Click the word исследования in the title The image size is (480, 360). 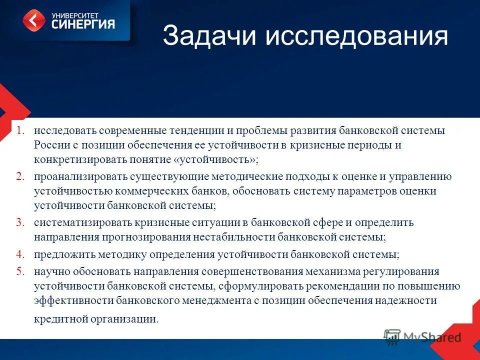[x=356, y=37]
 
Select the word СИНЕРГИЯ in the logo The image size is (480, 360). [x=83, y=24]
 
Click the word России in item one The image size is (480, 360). [x=48, y=145]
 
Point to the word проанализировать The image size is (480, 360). [x=81, y=177]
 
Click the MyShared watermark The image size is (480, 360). [x=422, y=336]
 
